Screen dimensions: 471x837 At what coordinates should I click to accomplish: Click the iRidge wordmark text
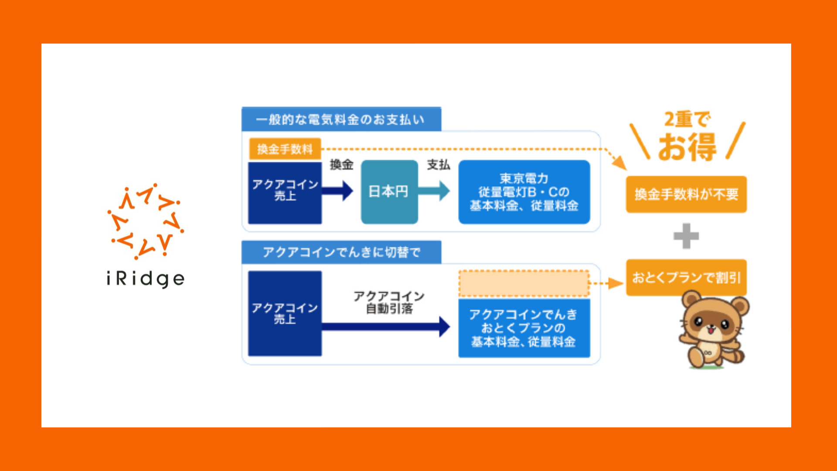pos(146,279)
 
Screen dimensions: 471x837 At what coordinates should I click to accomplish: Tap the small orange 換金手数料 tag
pos(285,149)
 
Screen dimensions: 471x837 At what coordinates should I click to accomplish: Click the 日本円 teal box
pos(389,192)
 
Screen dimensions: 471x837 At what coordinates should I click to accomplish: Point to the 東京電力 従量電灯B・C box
pos(524,192)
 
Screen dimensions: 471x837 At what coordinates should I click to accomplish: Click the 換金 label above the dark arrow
pos(341,165)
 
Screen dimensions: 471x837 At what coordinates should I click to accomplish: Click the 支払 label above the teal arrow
pos(438,165)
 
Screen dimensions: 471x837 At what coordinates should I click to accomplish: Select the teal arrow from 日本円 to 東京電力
pos(434,191)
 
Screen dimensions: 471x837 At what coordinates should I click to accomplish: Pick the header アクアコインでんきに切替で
pos(341,252)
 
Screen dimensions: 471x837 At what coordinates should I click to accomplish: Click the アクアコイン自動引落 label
pos(389,302)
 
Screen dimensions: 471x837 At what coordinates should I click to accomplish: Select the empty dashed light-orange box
pos(524,283)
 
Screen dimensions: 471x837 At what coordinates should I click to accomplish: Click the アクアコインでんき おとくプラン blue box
pos(524,328)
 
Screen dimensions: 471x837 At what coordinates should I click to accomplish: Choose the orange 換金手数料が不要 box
pos(686,195)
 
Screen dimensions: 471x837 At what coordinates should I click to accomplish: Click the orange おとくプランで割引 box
pos(686,277)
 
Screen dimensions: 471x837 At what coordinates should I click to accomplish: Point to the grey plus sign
pos(686,236)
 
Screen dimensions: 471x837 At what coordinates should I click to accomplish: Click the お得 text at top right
pos(687,147)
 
